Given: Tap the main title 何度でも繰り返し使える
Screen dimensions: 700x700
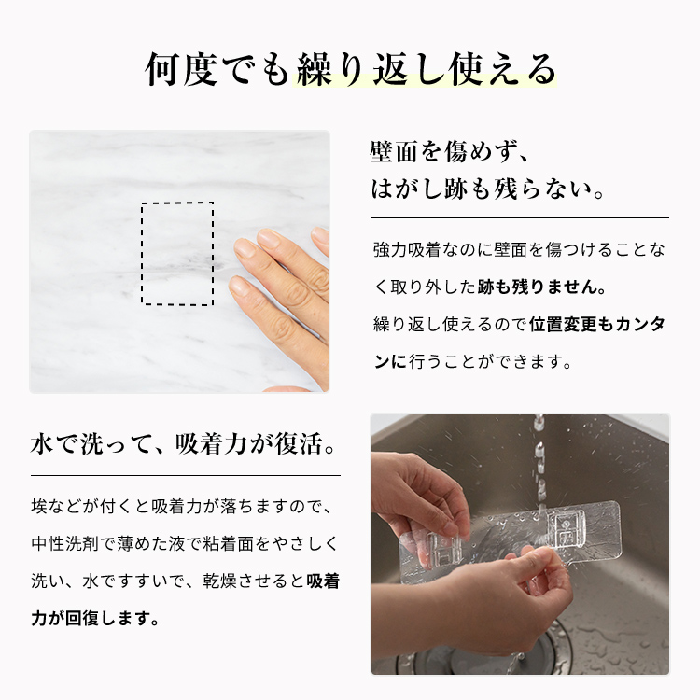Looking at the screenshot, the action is point(351,69).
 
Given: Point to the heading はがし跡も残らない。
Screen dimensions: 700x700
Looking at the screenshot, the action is point(488,189).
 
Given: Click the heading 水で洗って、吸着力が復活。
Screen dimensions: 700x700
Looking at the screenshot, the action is point(183,444).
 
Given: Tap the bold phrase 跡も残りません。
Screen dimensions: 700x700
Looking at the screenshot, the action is point(542,287).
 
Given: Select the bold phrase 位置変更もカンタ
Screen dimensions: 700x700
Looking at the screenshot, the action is point(597,325).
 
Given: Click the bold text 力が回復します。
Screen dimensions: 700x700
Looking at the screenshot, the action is point(95,619).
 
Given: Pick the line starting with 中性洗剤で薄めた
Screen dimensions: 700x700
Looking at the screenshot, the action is point(186,544).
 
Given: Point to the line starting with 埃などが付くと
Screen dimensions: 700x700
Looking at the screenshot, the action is point(181,506).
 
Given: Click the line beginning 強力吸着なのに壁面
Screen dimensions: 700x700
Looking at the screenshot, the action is point(519,249).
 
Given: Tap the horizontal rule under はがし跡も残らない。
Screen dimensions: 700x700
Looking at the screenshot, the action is point(520,218).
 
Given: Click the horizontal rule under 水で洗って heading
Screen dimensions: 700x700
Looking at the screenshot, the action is point(186,476).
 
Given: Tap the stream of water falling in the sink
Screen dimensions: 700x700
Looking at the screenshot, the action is point(539,464).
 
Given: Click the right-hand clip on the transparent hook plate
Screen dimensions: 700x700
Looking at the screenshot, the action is point(565,531).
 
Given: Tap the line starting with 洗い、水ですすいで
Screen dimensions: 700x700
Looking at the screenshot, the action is point(186,581).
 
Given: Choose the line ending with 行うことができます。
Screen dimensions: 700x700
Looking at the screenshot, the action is point(473,362).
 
